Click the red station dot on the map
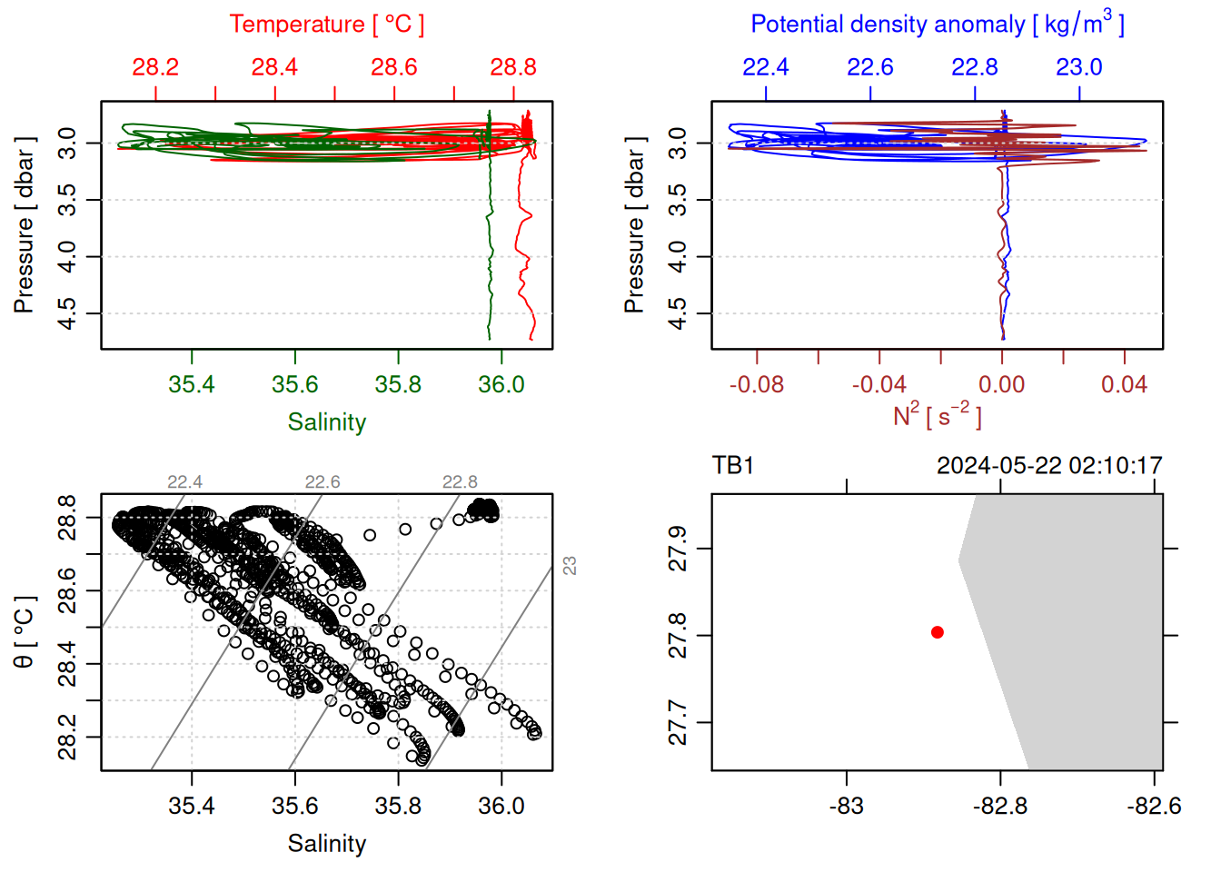pos(938,632)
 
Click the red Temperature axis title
pos(326,25)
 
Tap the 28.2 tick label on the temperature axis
pos(155,67)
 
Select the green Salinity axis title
pos(326,422)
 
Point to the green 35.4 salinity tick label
pos(192,385)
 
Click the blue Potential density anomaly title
pos(937,25)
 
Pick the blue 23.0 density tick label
pos(1078,67)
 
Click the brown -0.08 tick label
pos(756,385)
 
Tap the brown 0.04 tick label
pos(1124,385)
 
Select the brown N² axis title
pos(937,415)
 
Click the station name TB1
pos(733,466)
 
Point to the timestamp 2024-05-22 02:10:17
pos(1049,466)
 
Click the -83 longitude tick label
pos(847,807)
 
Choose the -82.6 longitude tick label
pos(1154,807)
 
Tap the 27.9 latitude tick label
pos(679,549)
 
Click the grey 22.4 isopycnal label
pos(184,482)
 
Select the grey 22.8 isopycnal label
pos(460,482)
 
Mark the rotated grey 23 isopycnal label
pos(570,565)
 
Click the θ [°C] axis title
pos(25,632)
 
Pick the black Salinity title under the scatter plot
pos(326,844)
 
